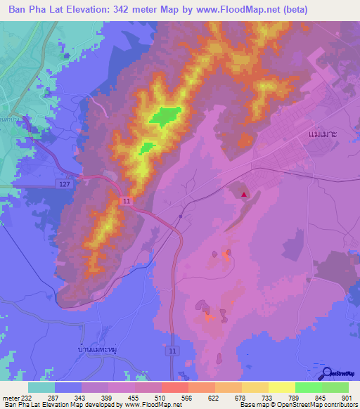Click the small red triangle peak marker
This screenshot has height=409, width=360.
point(244,195)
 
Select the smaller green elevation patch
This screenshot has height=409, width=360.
point(147,148)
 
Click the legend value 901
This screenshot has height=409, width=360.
point(345,398)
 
